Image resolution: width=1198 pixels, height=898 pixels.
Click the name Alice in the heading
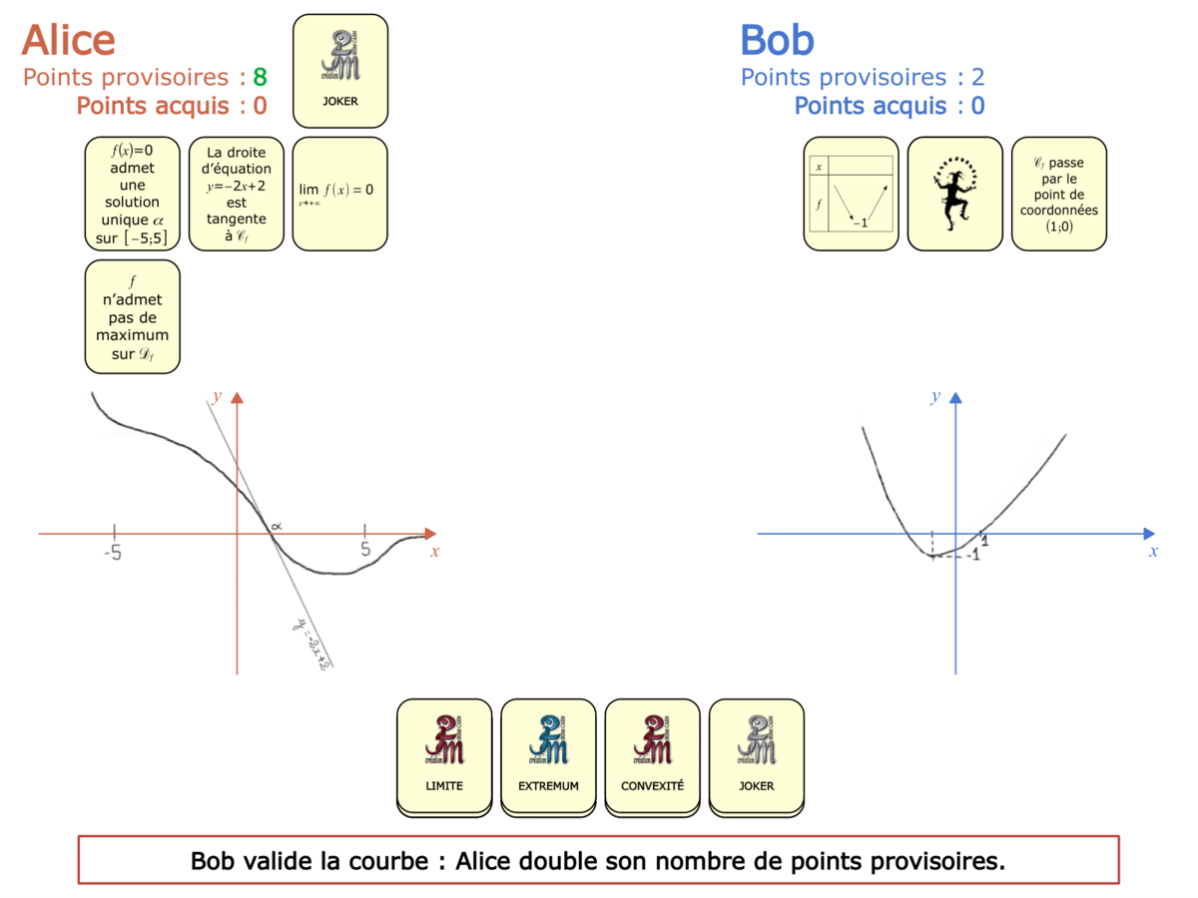point(68,40)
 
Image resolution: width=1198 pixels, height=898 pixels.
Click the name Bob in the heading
point(777,40)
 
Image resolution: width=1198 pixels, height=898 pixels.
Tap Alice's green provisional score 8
point(260,78)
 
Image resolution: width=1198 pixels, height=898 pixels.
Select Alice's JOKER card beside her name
point(339,71)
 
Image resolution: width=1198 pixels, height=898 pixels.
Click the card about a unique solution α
point(133,193)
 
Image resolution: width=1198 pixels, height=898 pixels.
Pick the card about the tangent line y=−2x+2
point(237,193)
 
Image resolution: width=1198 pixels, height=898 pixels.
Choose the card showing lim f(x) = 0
point(339,193)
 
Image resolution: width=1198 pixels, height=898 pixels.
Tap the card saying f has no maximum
point(133,316)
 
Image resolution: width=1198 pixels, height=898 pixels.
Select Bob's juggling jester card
point(954,193)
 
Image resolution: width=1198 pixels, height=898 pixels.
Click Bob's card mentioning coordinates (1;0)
point(1058,193)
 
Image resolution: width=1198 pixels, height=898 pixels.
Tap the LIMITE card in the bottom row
point(444,753)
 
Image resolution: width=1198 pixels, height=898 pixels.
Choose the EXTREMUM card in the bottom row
point(548,753)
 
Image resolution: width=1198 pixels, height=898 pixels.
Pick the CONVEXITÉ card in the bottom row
point(652,753)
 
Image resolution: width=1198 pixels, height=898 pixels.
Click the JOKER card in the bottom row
point(756,753)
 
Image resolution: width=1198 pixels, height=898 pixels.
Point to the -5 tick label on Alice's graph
point(114,550)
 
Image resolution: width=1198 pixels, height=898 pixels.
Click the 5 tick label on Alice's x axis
point(364,550)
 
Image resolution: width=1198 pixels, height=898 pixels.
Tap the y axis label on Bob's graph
point(935,397)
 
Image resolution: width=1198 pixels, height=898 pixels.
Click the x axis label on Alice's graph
point(434,551)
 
